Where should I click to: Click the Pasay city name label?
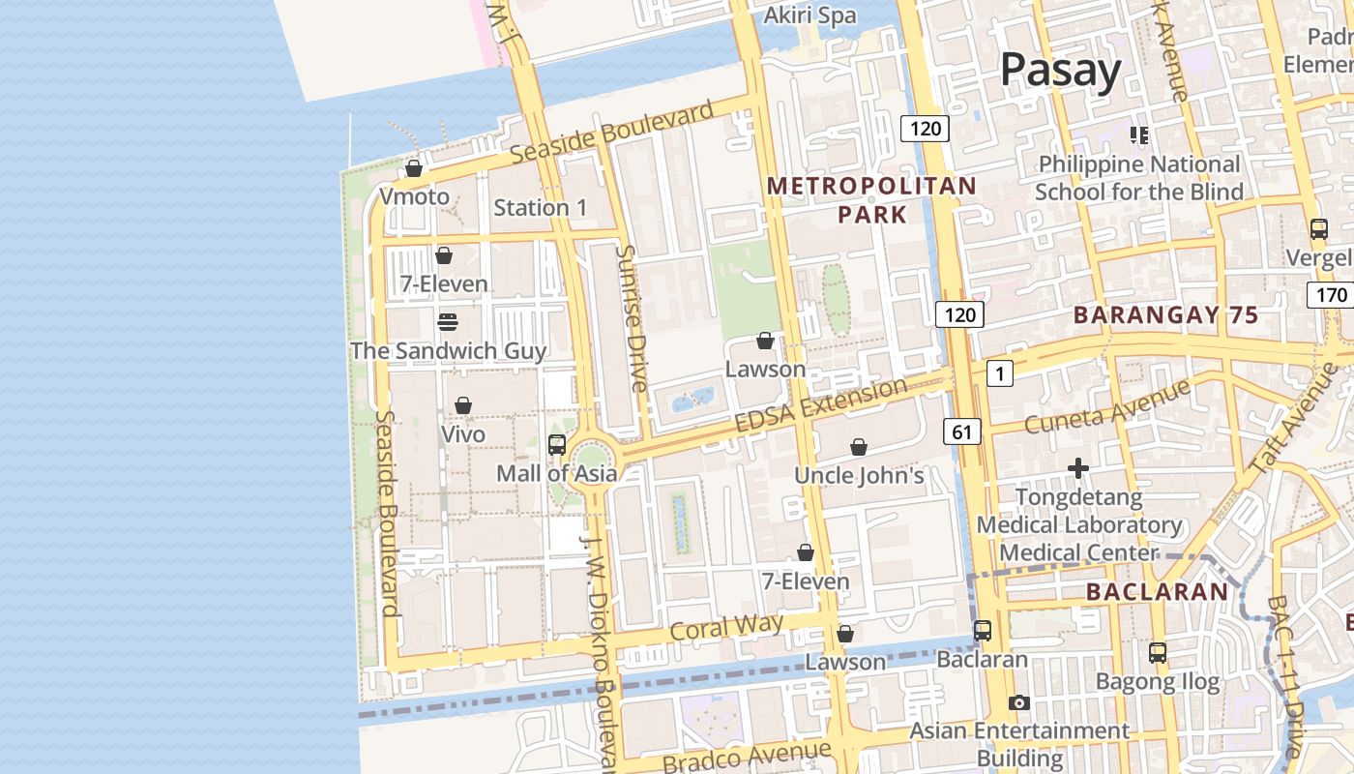pos(1060,70)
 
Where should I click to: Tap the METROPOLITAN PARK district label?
pos(871,199)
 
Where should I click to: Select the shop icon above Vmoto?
pos(414,168)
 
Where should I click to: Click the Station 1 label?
pos(540,207)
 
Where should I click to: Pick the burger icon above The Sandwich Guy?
pos(447,321)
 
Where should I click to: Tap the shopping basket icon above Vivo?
pos(463,405)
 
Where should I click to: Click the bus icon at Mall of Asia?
pos(557,445)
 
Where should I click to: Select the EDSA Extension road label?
pos(821,406)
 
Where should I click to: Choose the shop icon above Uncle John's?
pos(858,447)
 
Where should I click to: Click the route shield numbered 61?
pos(961,432)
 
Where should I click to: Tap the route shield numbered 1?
pos(1000,373)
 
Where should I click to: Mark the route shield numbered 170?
pos(1330,294)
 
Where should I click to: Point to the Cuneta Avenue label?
pos(1107,406)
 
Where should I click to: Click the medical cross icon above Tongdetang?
pos(1078,469)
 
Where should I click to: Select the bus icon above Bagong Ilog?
pos(1158,653)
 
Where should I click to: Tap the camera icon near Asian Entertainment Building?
pos(1018,703)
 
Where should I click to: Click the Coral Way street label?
pos(726,626)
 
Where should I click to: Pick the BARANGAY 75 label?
pos(1165,315)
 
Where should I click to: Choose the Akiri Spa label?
pos(809,15)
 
